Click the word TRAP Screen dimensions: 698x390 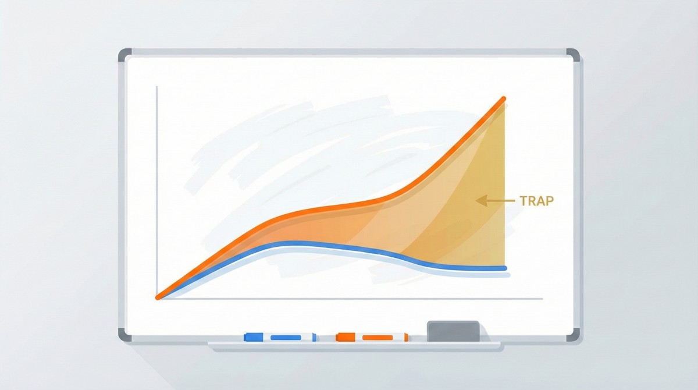537,201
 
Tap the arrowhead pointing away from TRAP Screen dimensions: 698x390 480,201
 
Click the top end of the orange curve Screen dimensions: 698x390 504,99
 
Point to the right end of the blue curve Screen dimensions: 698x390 505,268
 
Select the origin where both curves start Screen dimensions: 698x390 158,297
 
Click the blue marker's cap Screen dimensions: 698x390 254,337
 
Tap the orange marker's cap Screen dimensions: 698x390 346,337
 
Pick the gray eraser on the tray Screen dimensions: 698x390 453,331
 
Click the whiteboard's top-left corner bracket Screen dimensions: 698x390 123,54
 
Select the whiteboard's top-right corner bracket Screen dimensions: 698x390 574,54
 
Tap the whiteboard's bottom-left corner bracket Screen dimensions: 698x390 123,336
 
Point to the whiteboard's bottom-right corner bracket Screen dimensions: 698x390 574,336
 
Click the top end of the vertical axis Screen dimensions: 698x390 156,87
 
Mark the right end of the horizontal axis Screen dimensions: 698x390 542,299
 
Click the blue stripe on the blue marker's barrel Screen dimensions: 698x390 286,337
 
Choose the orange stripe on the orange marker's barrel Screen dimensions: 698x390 378,337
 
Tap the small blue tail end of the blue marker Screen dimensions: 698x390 315,337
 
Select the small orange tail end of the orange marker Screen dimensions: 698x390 407,337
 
